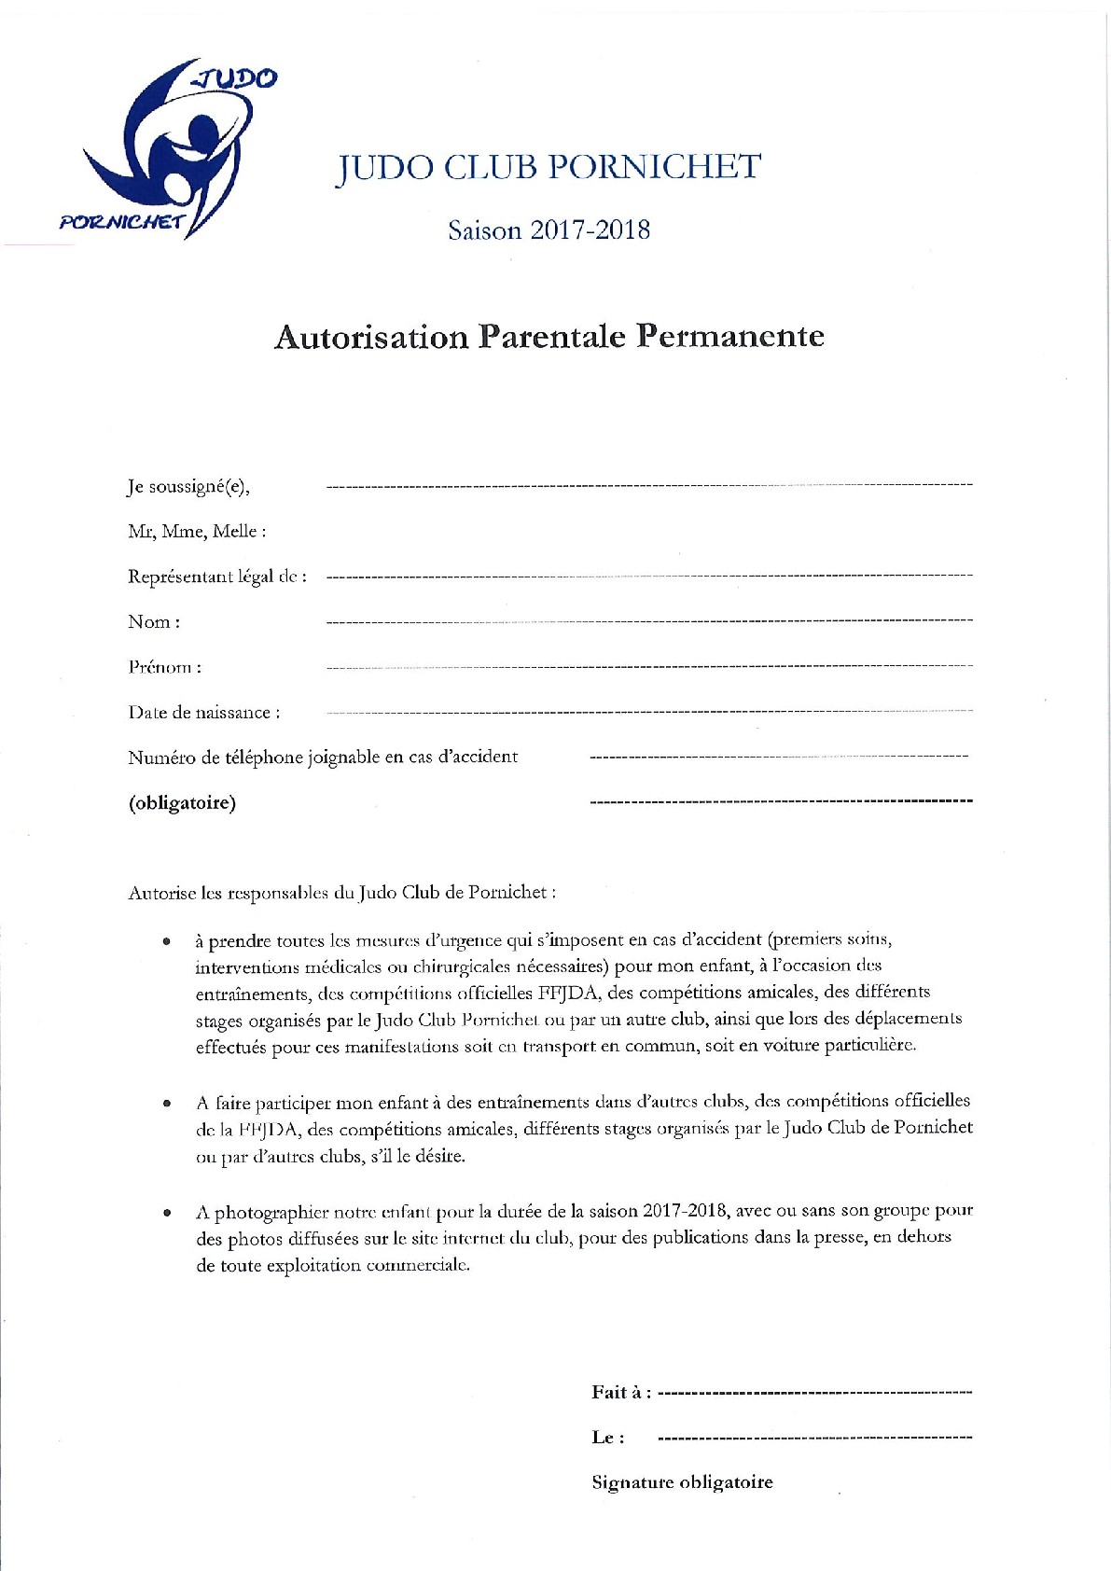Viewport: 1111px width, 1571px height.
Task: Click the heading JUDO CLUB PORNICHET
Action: click(549, 168)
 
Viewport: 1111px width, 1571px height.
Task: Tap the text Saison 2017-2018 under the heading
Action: click(549, 229)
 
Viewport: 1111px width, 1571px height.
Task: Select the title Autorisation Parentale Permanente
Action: click(549, 337)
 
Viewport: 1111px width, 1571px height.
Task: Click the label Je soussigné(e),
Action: click(188, 486)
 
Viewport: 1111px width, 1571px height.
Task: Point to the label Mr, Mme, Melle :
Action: click(197, 532)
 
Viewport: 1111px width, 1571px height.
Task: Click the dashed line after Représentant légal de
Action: click(649, 577)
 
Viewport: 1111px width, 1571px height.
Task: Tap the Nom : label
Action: click(154, 622)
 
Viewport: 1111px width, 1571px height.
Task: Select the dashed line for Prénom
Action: click(649, 667)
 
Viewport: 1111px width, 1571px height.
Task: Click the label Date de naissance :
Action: click(203, 713)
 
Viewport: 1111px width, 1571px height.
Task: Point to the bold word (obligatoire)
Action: click(182, 803)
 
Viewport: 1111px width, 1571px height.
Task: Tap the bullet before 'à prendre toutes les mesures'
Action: click(167, 942)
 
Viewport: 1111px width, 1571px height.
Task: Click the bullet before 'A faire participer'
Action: click(167, 1104)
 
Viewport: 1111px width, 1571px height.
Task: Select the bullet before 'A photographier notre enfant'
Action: click(167, 1214)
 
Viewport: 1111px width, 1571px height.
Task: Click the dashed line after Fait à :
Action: click(814, 1393)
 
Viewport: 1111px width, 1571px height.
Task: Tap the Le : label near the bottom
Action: click(608, 1438)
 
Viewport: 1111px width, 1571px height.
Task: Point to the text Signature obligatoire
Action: click(682, 1482)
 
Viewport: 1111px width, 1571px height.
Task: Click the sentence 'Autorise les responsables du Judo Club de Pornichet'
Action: click(341, 893)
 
